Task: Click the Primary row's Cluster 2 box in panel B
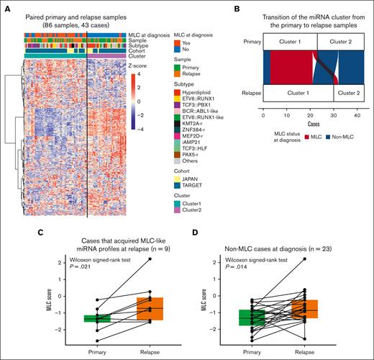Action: (x=337, y=42)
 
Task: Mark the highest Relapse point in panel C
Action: (x=150, y=258)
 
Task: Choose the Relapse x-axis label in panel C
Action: (x=150, y=353)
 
